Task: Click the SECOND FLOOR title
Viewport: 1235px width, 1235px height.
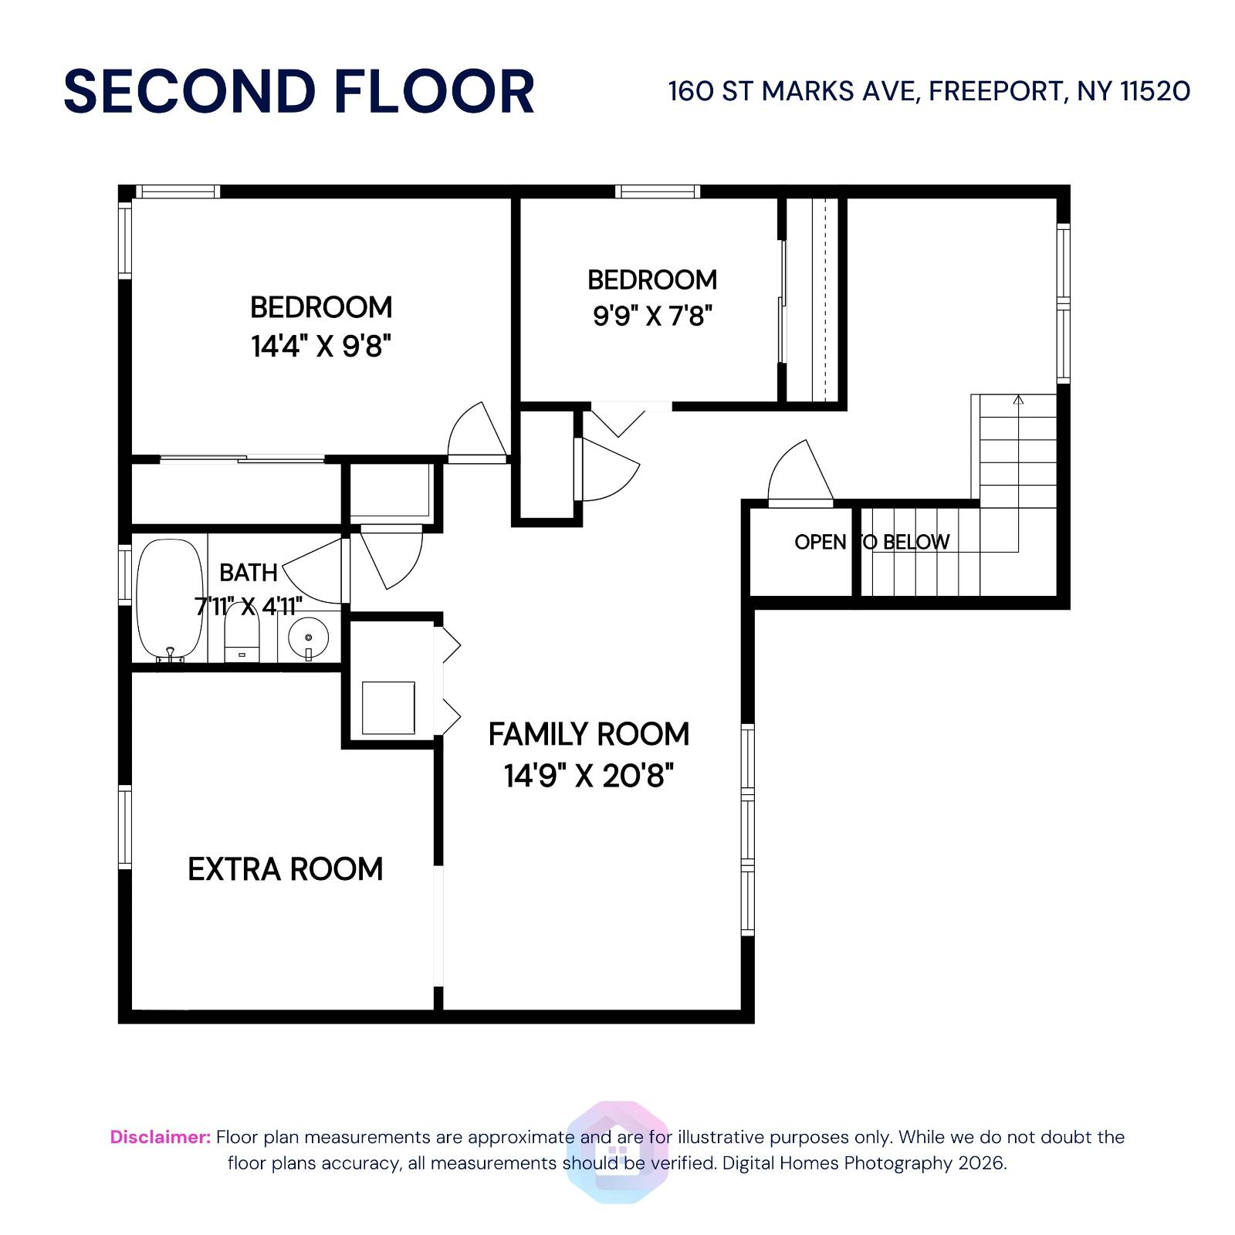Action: click(299, 92)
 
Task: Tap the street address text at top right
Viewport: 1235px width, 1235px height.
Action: click(929, 92)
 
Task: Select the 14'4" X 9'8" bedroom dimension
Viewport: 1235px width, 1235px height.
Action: click(321, 347)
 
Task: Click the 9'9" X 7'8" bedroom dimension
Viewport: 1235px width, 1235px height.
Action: click(652, 316)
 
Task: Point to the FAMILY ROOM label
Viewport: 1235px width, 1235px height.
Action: click(589, 734)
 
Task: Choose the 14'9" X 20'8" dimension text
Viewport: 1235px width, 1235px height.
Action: click(589, 775)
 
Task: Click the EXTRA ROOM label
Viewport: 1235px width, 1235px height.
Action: click(286, 869)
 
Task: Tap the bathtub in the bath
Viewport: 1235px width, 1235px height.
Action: click(170, 598)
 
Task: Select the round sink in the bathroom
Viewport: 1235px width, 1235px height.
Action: click(308, 638)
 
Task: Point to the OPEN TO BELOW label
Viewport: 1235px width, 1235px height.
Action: click(871, 542)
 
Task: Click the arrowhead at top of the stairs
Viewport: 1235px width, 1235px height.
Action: click(1018, 400)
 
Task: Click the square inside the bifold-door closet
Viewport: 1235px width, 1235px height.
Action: click(388, 708)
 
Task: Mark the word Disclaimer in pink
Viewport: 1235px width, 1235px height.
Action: click(160, 1137)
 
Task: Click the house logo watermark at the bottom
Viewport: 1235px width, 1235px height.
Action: click(617, 1152)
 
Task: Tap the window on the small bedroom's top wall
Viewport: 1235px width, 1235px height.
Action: click(658, 191)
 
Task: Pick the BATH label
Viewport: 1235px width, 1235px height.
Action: click(248, 573)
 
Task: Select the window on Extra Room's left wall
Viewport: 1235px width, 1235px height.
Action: click(124, 826)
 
